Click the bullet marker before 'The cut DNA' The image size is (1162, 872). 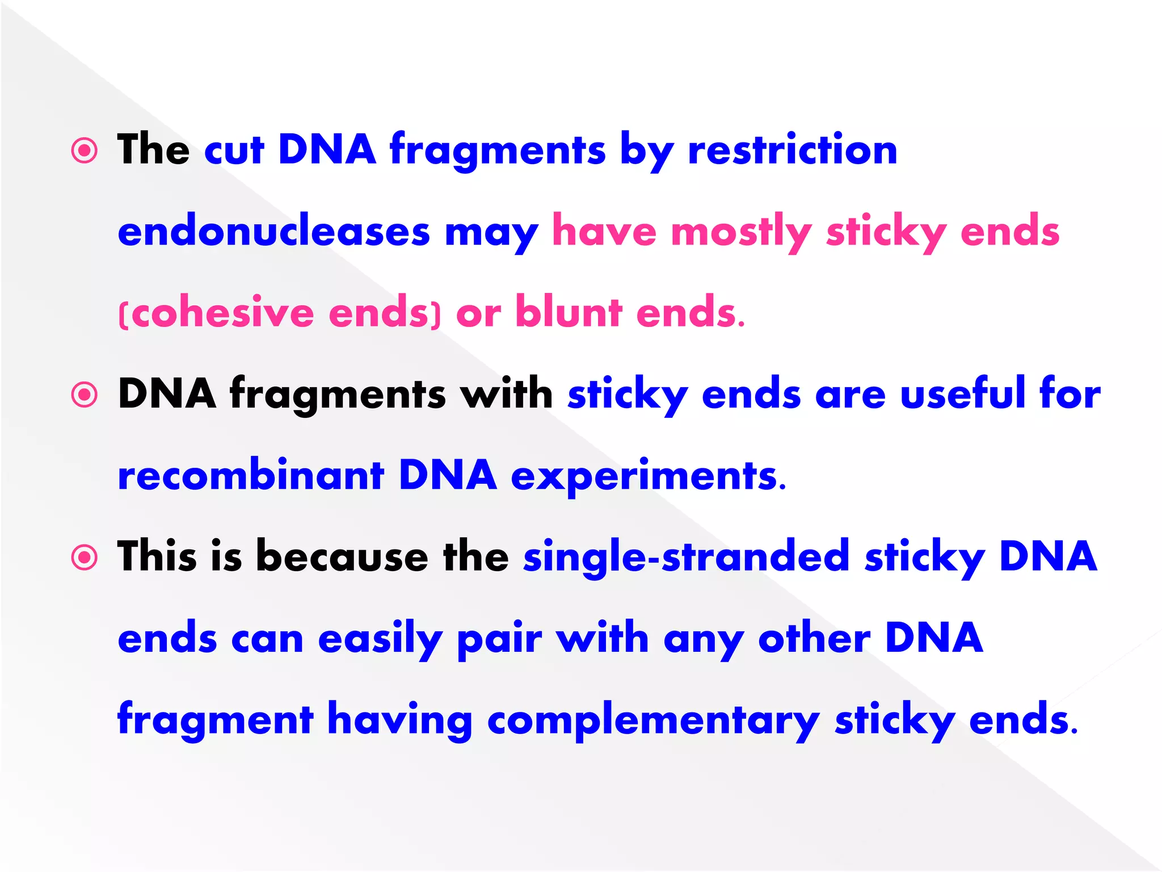point(85,151)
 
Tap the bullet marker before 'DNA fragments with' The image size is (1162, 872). point(85,395)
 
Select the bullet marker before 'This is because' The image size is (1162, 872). point(85,557)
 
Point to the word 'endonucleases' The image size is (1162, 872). point(274,232)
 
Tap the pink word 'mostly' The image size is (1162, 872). point(741,232)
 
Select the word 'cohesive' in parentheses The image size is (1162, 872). point(224,313)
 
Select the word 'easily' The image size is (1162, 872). point(380,639)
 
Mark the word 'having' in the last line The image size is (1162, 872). point(400,720)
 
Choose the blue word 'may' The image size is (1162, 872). point(491,233)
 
